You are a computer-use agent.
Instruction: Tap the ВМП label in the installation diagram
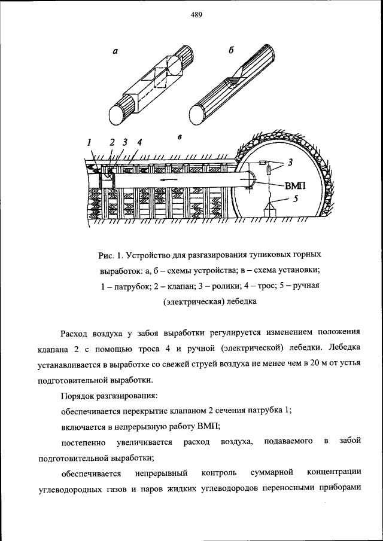(x=294, y=186)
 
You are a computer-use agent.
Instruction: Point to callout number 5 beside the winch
(x=294, y=200)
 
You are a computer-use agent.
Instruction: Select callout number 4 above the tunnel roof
(x=139, y=142)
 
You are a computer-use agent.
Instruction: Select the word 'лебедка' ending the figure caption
(x=242, y=302)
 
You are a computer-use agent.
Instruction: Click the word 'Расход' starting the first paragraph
(x=75, y=333)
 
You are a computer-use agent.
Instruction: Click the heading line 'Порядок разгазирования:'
(x=109, y=395)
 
